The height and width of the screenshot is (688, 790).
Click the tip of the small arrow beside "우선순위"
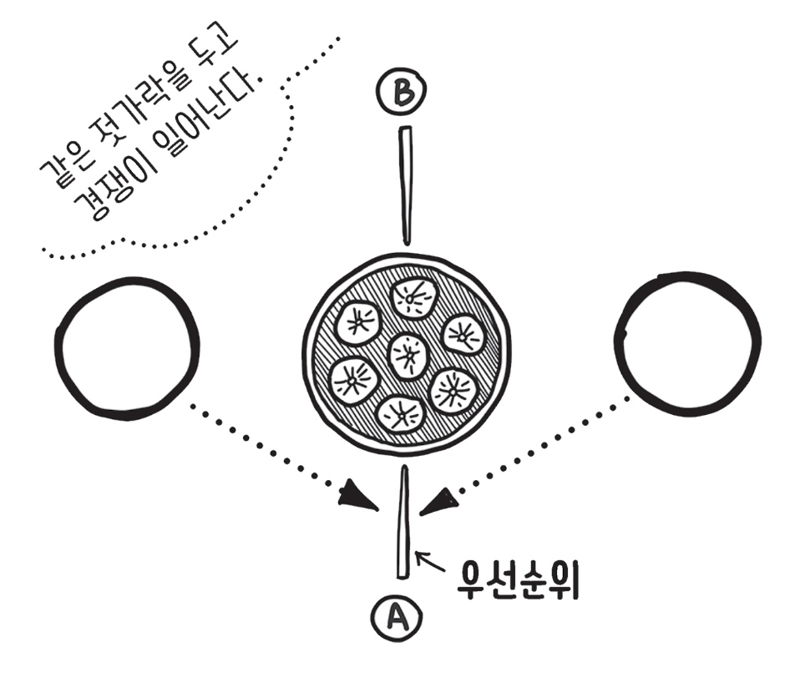coord(415,553)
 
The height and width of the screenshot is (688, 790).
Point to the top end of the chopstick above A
coord(403,467)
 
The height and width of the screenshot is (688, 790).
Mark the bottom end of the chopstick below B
coord(407,244)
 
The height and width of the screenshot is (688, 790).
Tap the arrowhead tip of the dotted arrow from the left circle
coord(378,510)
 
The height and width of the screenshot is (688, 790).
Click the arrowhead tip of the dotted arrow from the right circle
coord(420,514)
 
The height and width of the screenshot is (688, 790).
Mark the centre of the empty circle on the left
coord(126,347)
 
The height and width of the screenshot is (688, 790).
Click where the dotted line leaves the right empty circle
coord(630,398)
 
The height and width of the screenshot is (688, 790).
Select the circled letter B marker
coord(401,92)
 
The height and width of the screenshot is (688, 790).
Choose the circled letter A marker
coord(397,618)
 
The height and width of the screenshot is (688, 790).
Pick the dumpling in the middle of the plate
coord(409,356)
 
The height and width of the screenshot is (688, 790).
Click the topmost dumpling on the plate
coord(415,298)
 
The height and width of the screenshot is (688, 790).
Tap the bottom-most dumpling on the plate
coord(401,414)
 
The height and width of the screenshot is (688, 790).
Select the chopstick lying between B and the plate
coord(406,185)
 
